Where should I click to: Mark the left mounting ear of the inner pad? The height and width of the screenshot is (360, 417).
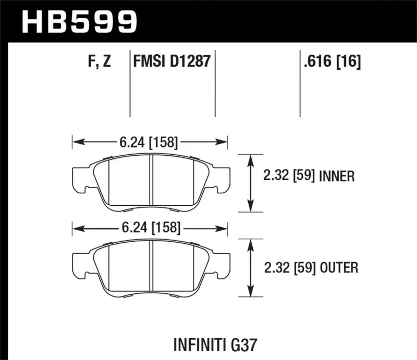click(x=79, y=177)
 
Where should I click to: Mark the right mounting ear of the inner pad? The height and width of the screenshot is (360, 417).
click(x=220, y=177)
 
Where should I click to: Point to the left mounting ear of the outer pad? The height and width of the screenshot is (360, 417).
click(x=79, y=263)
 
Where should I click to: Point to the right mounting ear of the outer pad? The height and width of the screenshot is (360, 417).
click(x=220, y=263)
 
